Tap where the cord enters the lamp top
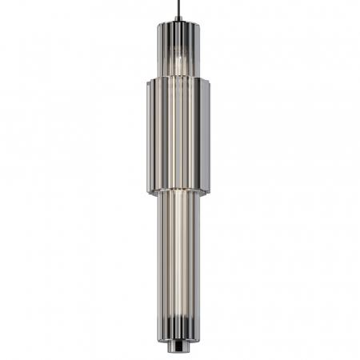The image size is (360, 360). click(x=178, y=21)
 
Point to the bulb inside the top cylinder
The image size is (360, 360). click(x=179, y=60)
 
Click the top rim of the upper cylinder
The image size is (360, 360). click(x=178, y=24)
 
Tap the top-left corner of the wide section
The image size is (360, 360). click(x=148, y=81)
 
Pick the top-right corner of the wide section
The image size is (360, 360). click(x=210, y=81)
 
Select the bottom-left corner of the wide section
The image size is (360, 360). click(x=148, y=192)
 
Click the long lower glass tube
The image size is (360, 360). click(x=178, y=264)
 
